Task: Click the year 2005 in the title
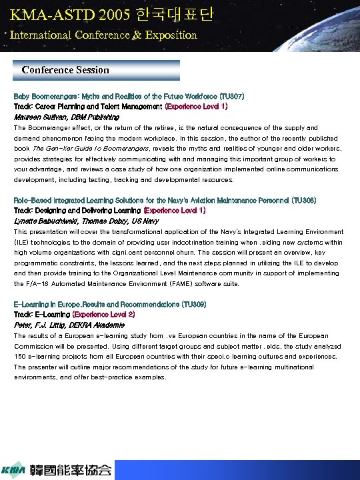click(x=111, y=15)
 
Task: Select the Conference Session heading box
click(x=97, y=70)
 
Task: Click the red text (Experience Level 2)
click(x=103, y=314)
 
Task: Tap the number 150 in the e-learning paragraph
click(x=20, y=356)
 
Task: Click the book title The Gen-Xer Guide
click(x=57, y=149)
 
